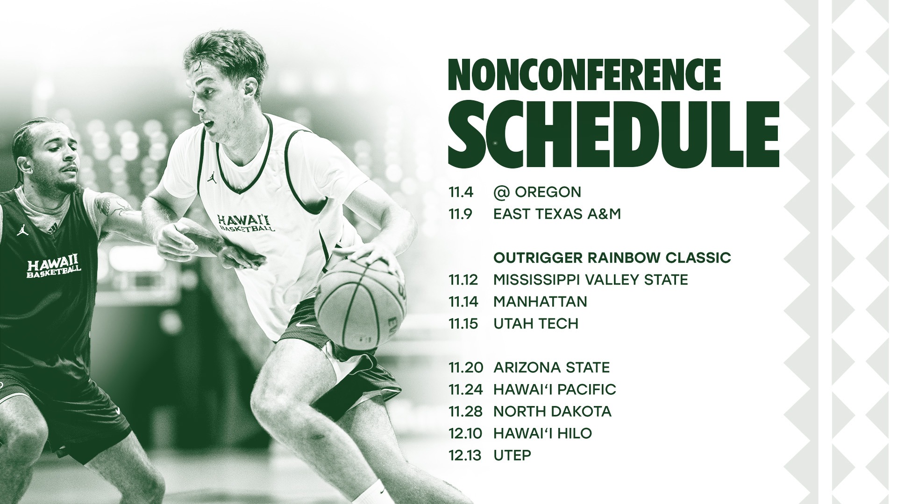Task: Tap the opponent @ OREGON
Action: pyautogui.click(x=537, y=192)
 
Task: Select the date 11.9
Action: pyautogui.click(x=460, y=214)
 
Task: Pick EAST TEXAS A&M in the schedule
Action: pyautogui.click(x=557, y=214)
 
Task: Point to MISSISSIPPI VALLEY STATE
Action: pyautogui.click(x=591, y=280)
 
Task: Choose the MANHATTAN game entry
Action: pyautogui.click(x=540, y=301)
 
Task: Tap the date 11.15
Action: pyautogui.click(x=463, y=323)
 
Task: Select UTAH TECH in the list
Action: pyautogui.click(x=536, y=323)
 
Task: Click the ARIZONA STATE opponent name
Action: pyautogui.click(x=552, y=367)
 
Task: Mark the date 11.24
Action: pyautogui.click(x=463, y=389)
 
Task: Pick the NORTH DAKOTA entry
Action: pyautogui.click(x=553, y=411)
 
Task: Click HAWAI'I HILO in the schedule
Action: pyautogui.click(x=543, y=433)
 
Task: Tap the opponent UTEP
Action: pyautogui.click(x=513, y=455)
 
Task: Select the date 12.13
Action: pyautogui.click(x=463, y=455)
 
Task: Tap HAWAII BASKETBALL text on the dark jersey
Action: pyautogui.click(x=54, y=267)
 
